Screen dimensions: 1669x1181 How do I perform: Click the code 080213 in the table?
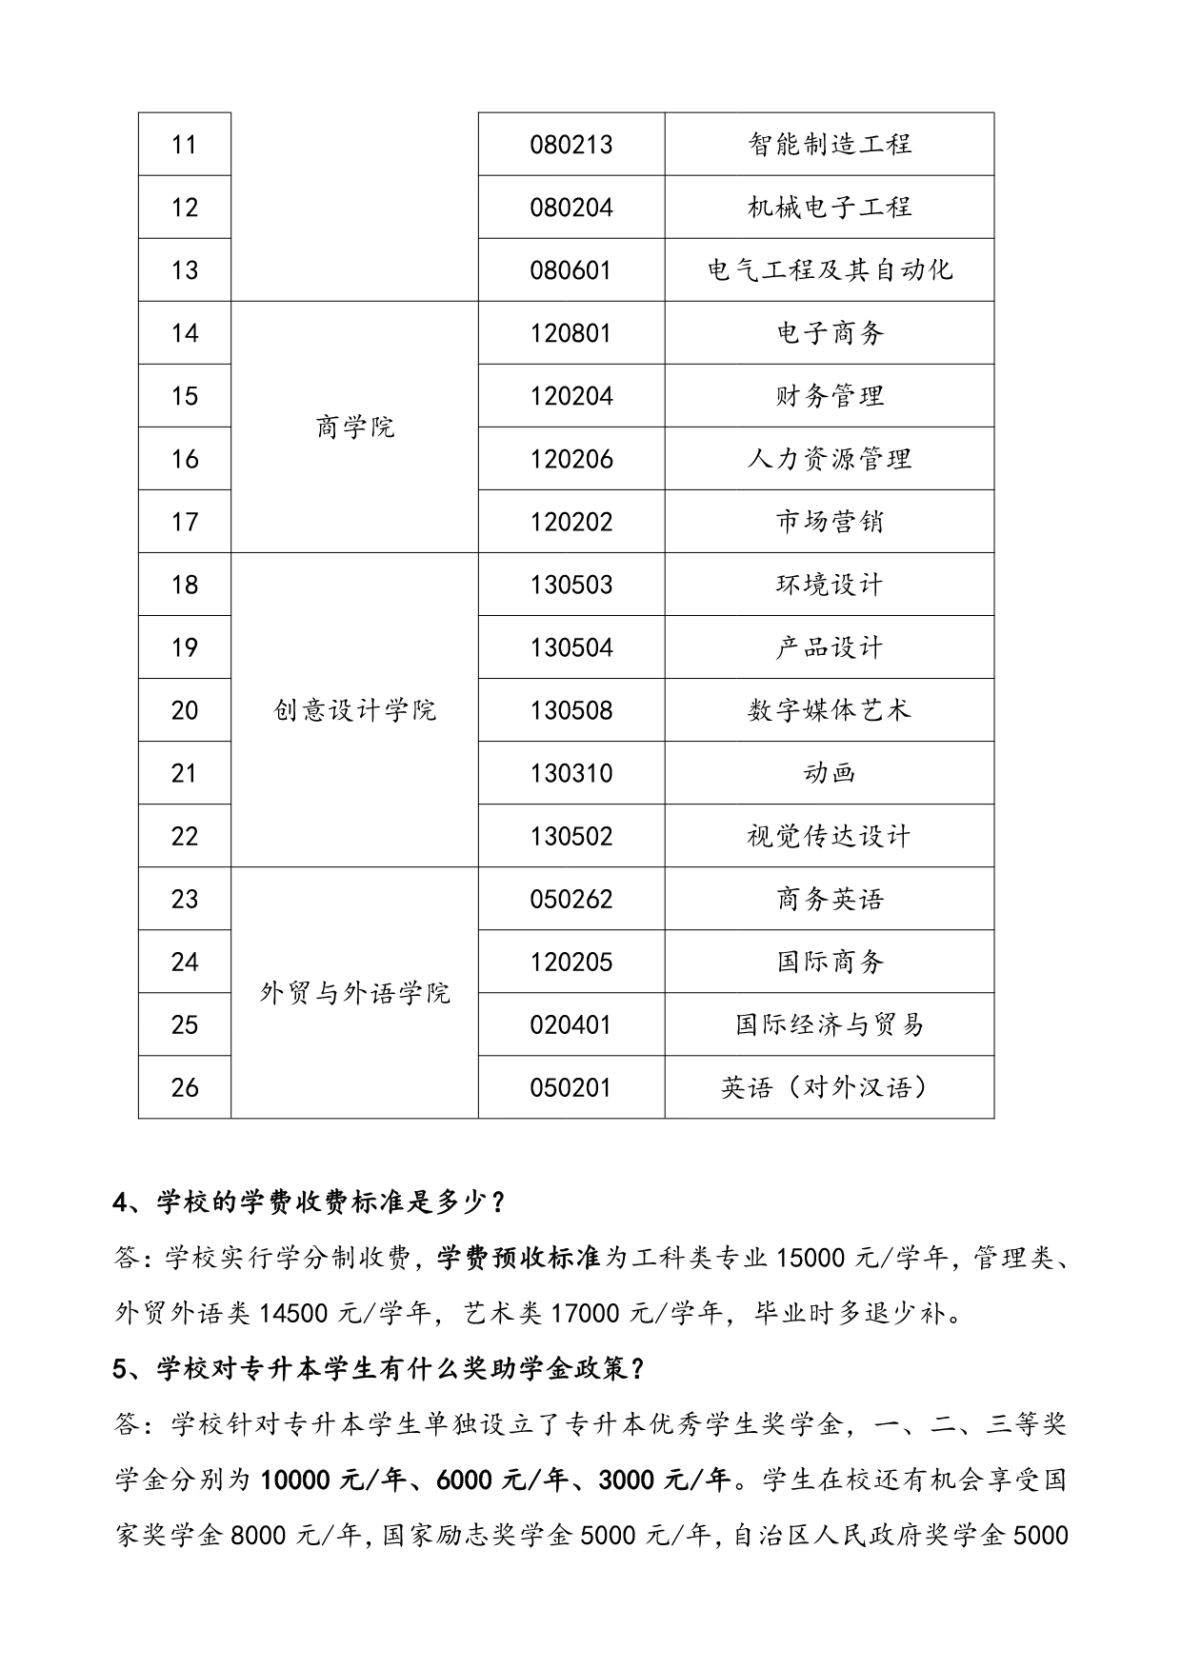(571, 145)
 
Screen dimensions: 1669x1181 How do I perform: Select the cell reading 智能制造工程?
(830, 145)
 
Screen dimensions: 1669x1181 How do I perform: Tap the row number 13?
(185, 270)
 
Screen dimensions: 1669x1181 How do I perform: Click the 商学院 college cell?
(354, 427)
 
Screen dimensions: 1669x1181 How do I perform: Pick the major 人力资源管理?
(830, 459)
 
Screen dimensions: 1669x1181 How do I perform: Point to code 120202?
(571, 522)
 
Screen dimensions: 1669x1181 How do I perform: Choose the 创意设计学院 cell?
(354, 710)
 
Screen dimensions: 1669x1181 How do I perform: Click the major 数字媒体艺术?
(830, 710)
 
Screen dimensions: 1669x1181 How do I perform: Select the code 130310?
(571, 773)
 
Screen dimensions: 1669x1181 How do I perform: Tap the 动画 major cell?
(830, 773)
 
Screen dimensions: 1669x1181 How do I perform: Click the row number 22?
(185, 836)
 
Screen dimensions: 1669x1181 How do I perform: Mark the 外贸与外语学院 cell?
(354, 993)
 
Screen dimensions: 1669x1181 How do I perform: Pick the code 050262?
(571, 899)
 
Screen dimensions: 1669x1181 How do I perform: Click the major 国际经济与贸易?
(830, 1024)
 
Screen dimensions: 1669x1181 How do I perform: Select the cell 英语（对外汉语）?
(830, 1087)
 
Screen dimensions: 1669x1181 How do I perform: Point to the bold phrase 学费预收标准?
(519, 1259)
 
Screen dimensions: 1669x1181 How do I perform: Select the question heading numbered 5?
(380, 1369)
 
